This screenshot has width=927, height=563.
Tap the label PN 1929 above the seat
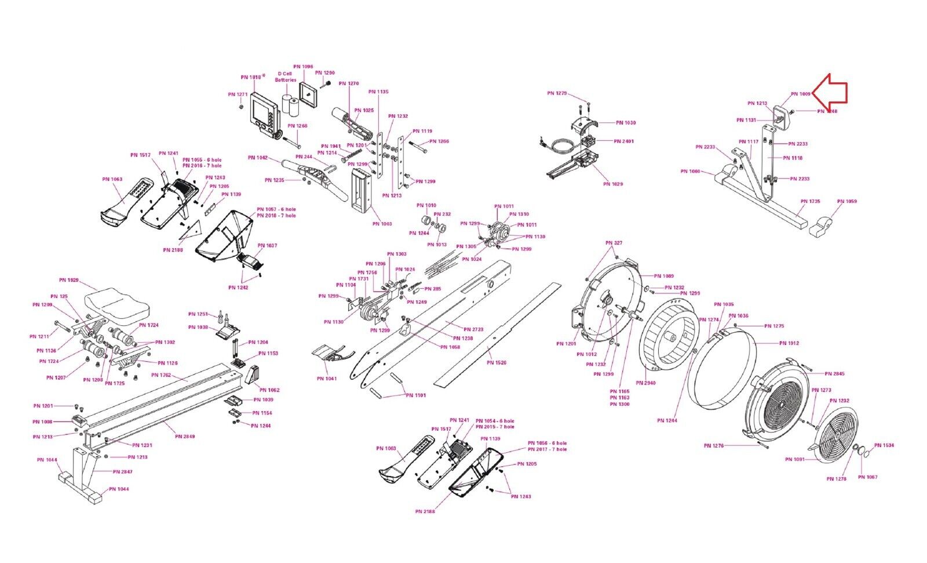tap(69, 280)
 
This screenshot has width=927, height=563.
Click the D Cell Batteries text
tap(286, 77)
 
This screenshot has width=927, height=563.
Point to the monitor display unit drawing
tap(264, 114)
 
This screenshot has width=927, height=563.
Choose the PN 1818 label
tap(251, 77)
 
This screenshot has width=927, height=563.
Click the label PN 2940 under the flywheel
tap(645, 383)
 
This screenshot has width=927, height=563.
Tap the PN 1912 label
tap(789, 343)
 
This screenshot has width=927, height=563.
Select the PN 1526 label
tap(497, 363)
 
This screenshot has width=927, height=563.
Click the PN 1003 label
tap(382, 224)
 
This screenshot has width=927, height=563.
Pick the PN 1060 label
tap(690, 172)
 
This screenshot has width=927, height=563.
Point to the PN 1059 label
tap(846, 202)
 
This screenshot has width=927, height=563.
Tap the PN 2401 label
tap(624, 141)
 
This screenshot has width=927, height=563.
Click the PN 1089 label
tap(664, 277)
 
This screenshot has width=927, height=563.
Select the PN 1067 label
tap(867, 477)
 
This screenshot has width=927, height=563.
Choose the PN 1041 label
tap(327, 379)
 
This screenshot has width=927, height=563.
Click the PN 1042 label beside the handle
tap(258, 158)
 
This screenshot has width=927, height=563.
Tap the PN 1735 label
tap(811, 202)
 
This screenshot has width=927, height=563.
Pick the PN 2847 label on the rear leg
tap(123, 472)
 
